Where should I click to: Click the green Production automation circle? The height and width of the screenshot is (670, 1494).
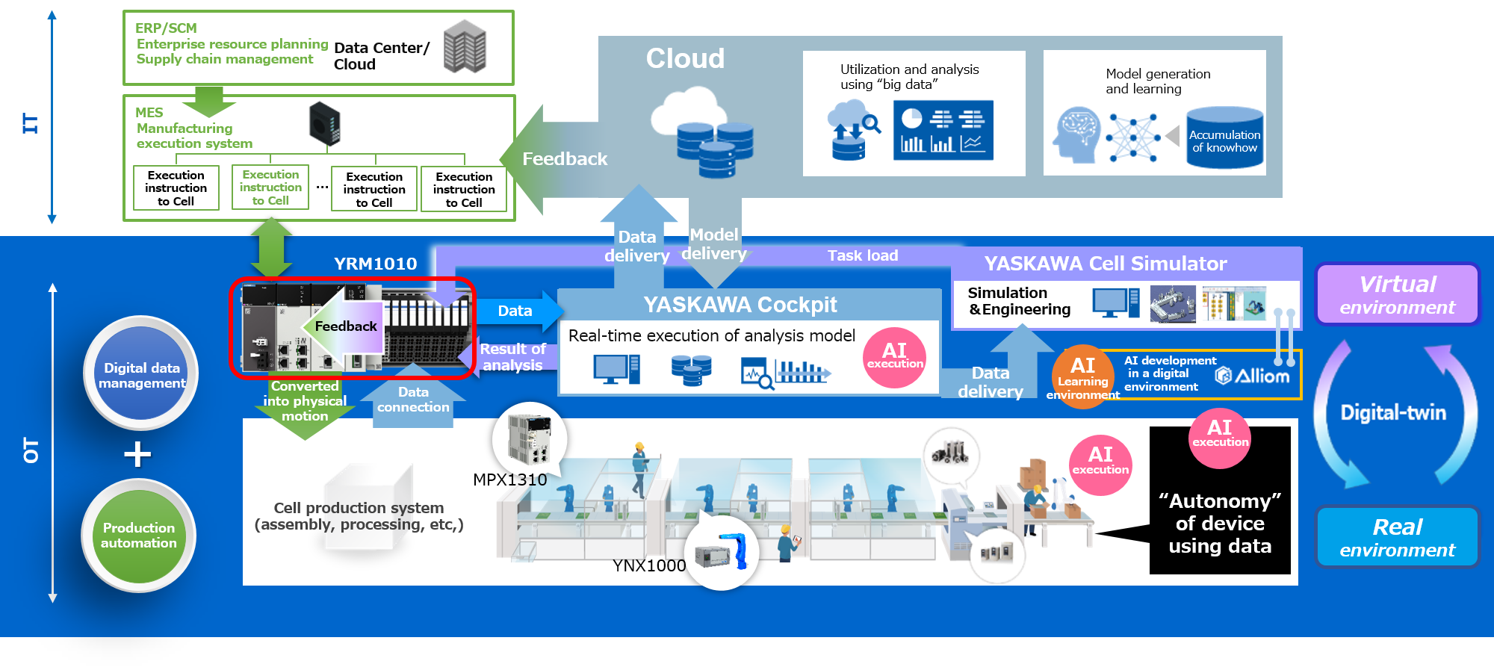139,536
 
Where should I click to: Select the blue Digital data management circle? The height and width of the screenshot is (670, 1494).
141,374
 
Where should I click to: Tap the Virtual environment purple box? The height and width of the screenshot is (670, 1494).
1397,294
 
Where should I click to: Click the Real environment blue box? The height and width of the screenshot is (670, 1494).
1397,537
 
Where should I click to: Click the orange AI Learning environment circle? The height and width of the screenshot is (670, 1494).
1082,373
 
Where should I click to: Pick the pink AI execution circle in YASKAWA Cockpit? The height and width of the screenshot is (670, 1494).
894,356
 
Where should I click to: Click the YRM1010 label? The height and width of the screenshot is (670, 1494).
375,264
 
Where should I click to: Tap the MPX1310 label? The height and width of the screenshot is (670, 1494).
509,480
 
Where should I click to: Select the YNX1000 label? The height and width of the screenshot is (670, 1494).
648,565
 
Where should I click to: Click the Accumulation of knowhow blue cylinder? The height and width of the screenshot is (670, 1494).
1224,137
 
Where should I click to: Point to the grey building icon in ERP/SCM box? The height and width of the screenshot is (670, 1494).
465,46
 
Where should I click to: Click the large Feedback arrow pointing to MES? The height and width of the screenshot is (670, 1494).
557,159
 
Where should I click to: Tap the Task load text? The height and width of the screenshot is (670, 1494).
862,255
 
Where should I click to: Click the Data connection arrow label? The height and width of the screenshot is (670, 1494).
413,400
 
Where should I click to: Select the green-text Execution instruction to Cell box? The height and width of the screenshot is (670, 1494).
270,187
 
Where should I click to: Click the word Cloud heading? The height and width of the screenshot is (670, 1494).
685,58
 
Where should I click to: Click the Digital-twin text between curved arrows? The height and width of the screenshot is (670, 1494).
1393,412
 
